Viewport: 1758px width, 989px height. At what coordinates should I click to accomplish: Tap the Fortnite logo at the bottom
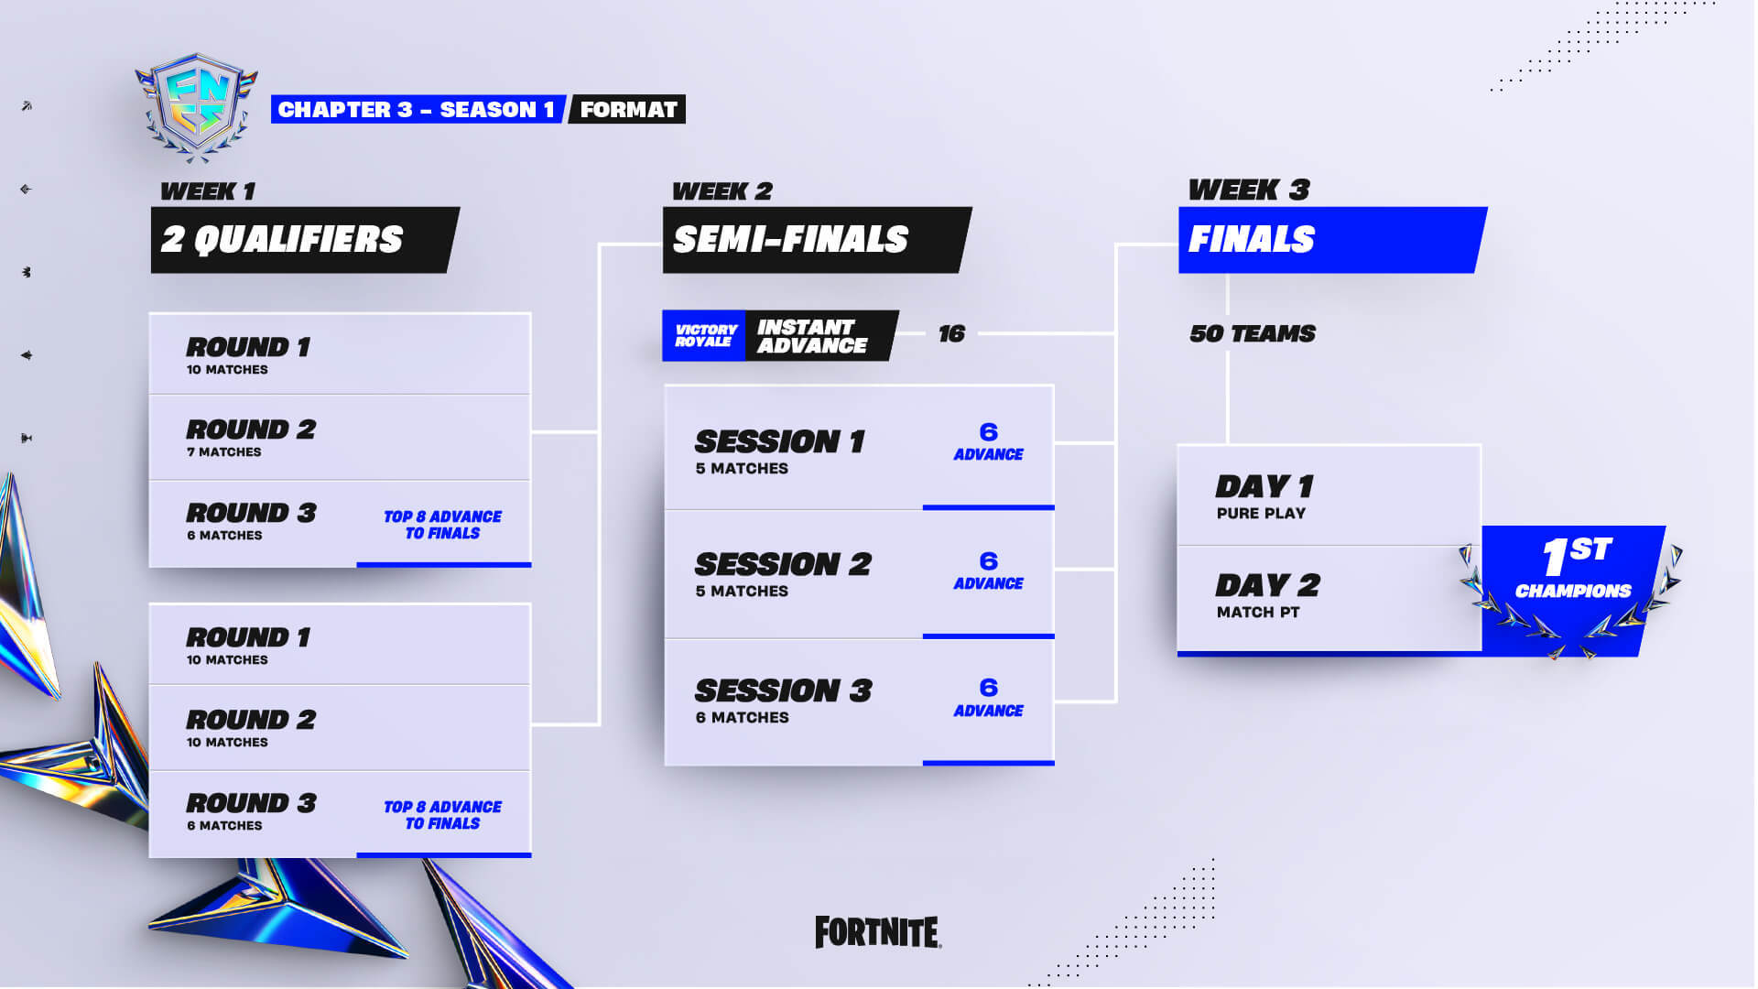coord(878,932)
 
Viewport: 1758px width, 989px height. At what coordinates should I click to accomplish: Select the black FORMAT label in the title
coord(628,110)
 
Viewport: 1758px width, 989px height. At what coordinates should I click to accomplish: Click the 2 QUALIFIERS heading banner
coord(304,240)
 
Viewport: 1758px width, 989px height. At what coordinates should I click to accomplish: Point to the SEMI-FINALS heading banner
coord(816,240)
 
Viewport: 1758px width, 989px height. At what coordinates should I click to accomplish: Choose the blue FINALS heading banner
coord(1331,240)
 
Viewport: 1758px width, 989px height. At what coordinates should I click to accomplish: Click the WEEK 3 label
coord(1249,190)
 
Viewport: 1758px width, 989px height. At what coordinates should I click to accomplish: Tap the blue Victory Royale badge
coord(704,335)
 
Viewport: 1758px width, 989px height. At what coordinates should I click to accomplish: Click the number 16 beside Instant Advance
coord(951,333)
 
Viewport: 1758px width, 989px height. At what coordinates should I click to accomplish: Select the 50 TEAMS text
coord(1253,333)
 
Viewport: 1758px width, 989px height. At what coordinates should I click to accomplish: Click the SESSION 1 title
coord(779,441)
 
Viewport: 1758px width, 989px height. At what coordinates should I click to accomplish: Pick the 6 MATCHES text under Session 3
coord(742,717)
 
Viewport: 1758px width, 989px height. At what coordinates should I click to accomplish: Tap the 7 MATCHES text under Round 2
coord(224,451)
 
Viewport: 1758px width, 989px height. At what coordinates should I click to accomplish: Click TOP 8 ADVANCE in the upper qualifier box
coord(443,516)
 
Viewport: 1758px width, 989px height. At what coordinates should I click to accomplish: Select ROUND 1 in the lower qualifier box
coord(248,637)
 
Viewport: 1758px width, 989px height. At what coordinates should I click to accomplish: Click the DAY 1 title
coord(1264,486)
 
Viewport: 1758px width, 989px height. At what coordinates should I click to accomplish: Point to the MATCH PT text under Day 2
coord(1258,612)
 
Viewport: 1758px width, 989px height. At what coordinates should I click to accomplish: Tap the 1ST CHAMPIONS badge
coord(1572,589)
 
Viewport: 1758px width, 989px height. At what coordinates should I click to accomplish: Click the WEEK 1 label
coord(208,190)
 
